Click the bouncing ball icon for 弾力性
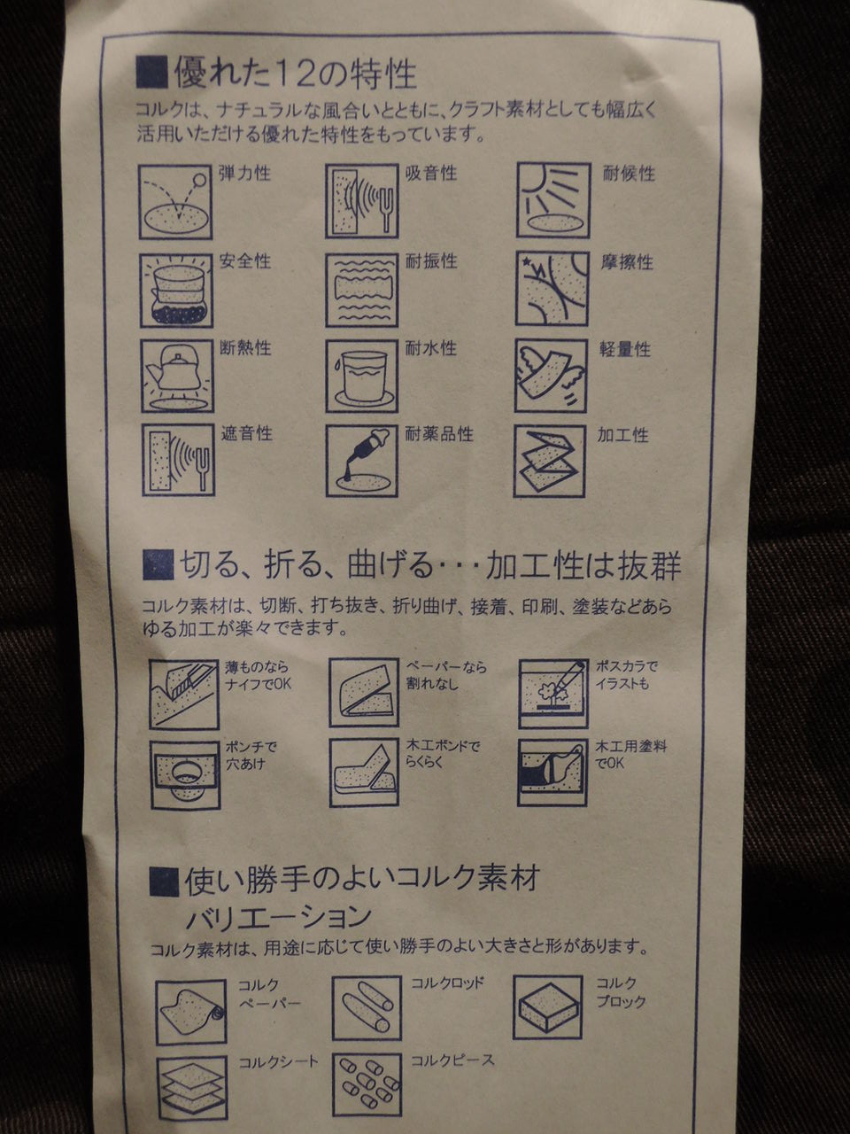[175, 201]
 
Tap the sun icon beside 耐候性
[553, 200]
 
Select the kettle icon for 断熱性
[178, 376]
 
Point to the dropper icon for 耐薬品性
[362, 461]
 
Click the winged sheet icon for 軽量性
[551, 376]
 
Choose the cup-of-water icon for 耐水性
[362, 376]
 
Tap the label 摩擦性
[627, 262]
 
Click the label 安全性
[245, 260]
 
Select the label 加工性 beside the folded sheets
[623, 435]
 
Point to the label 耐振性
[431, 260]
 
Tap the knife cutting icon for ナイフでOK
[184, 694]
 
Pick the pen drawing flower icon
[553, 694]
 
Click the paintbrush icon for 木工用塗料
[552, 773]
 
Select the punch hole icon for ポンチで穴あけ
[185, 775]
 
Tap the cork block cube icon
[548, 1007]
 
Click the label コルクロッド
[447, 983]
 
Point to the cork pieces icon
[367, 1085]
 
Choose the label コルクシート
[279, 1063]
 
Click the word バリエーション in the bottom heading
[279, 917]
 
